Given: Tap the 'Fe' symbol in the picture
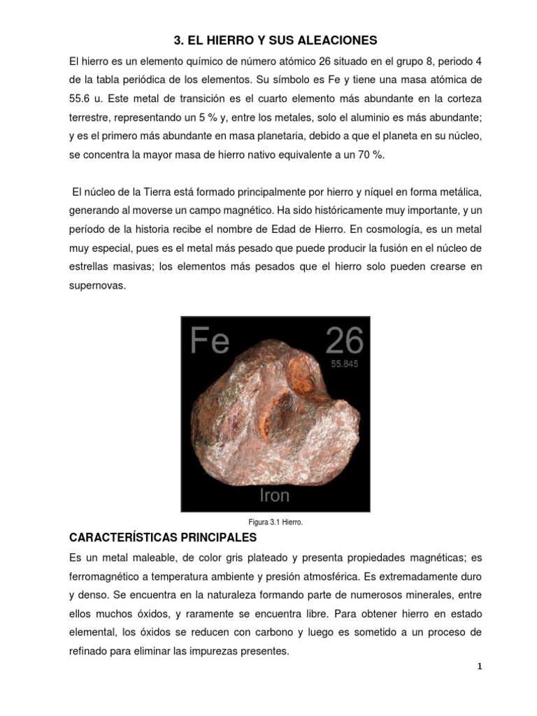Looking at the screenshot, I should coord(210,341).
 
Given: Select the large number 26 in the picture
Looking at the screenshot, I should coord(344,341).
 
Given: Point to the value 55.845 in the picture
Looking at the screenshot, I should coord(348,364).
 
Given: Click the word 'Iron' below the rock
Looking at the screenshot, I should coord(275,496).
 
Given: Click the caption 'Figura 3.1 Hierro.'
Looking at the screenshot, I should coord(275,522).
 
